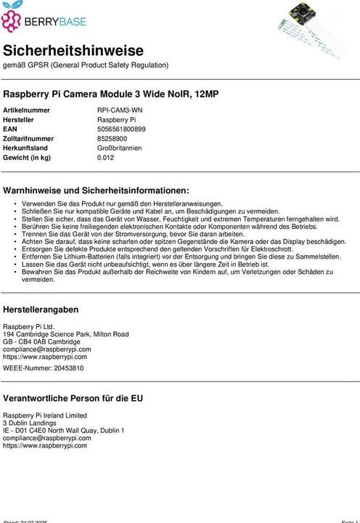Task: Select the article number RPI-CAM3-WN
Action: tap(120, 110)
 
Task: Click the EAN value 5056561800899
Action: tap(121, 129)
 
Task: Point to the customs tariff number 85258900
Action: tap(112, 138)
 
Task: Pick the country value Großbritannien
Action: tap(120, 147)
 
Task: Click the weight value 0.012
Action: tap(106, 157)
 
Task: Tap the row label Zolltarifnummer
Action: tap(28, 138)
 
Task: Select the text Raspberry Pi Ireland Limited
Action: tap(45, 415)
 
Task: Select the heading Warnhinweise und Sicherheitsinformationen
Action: tap(96, 190)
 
